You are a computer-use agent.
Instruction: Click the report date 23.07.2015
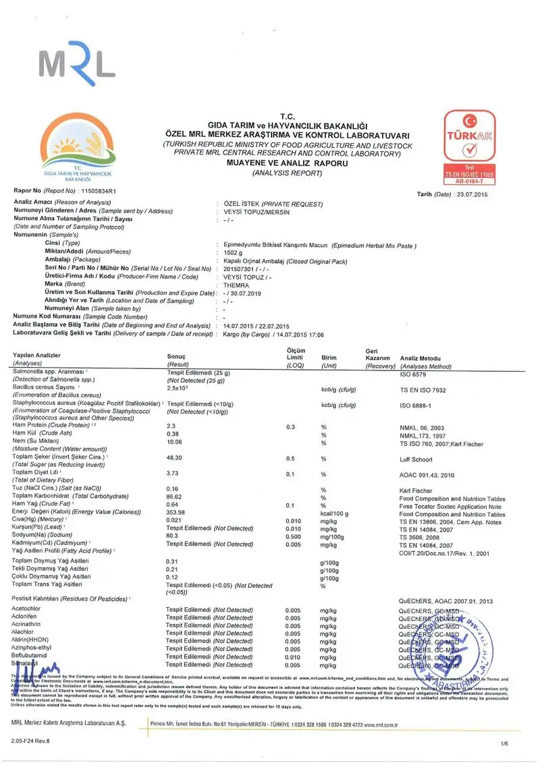471,194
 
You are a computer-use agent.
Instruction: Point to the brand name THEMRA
236,284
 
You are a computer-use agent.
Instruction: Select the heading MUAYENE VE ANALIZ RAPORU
288,164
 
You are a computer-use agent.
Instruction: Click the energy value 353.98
176,513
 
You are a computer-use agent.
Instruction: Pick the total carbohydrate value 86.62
175,496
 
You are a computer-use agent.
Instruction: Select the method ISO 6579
416,373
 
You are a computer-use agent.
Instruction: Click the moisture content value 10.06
175,443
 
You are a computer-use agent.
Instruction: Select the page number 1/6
503,743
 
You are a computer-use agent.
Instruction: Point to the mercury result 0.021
175,521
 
